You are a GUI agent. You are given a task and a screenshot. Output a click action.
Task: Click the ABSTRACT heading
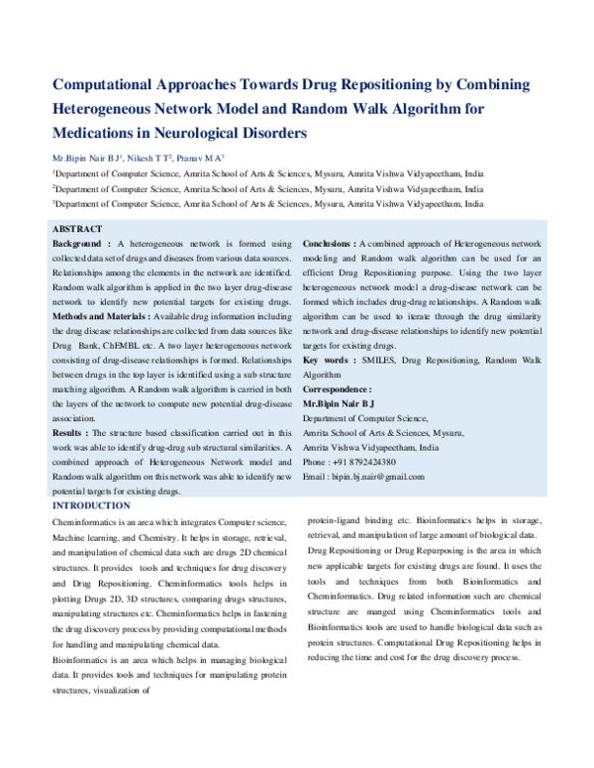pyautogui.click(x=76, y=229)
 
